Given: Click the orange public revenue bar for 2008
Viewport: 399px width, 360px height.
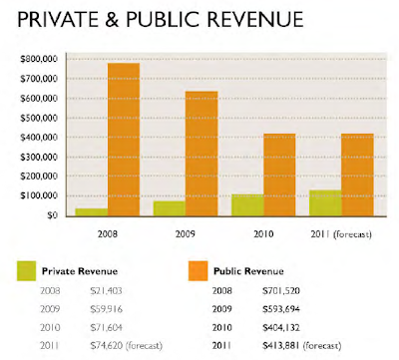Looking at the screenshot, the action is [124, 140].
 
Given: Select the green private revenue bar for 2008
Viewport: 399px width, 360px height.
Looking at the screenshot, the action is [92, 212].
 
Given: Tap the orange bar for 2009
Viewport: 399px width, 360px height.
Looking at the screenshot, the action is [201, 154].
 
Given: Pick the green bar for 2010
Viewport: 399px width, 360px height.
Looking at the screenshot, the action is [247, 205].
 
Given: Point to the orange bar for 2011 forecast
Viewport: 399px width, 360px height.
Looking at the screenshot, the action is [357, 176].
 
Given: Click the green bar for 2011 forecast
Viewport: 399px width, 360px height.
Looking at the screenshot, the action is [325, 203].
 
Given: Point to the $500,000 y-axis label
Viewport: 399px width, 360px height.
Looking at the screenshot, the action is [39, 118].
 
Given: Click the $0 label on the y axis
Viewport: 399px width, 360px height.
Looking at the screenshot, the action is [51, 215].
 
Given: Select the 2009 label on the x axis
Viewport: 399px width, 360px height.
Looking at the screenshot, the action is [186, 234].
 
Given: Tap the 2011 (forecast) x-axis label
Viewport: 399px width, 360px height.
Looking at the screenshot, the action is [341, 234].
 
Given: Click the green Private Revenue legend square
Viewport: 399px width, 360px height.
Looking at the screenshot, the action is [27, 271].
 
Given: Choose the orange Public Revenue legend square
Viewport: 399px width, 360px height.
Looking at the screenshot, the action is [199, 271].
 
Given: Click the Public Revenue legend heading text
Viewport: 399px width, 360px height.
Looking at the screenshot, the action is [248, 271].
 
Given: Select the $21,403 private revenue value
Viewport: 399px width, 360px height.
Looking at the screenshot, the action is [106, 291].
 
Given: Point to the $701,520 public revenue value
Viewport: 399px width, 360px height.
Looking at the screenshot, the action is [281, 291].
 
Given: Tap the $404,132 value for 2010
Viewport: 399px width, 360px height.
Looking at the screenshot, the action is [281, 328].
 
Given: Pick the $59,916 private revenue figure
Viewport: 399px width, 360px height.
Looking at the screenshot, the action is [106, 309].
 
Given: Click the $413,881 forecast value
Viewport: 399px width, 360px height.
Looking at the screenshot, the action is [281, 346].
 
